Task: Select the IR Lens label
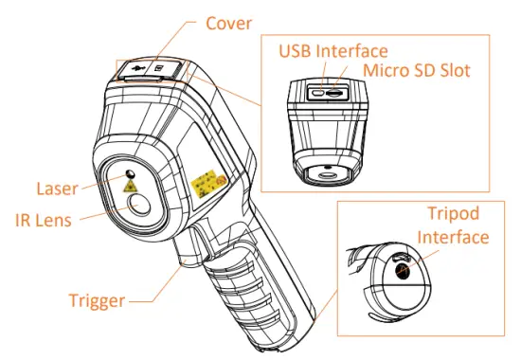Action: click(46, 219)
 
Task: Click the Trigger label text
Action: click(97, 301)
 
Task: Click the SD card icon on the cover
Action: click(158, 67)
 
